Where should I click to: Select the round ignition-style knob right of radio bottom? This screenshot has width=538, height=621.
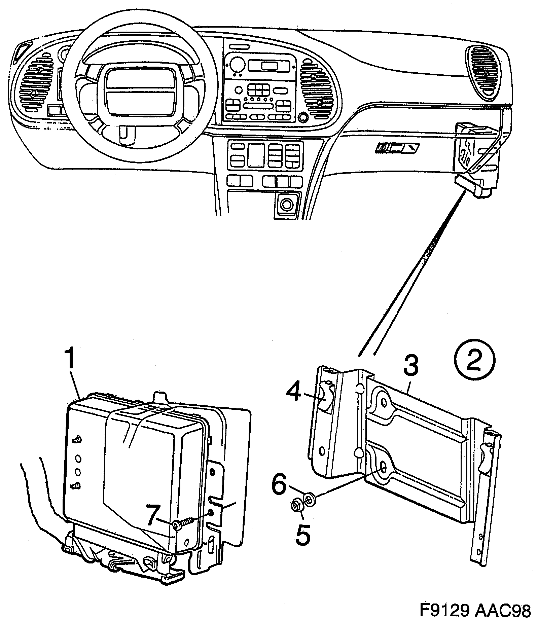point(302,118)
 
